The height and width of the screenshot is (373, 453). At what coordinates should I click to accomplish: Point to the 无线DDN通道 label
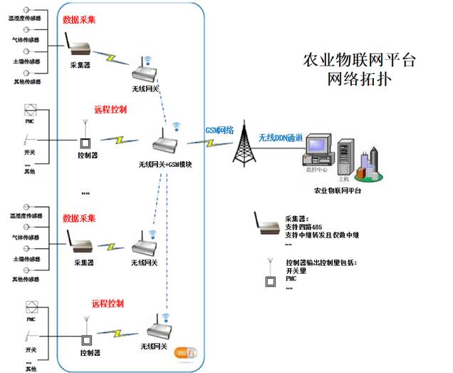coord(281,137)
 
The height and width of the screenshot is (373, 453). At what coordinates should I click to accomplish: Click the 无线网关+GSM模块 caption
coord(170,165)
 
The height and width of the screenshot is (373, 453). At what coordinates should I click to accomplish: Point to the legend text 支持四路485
coord(308,227)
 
